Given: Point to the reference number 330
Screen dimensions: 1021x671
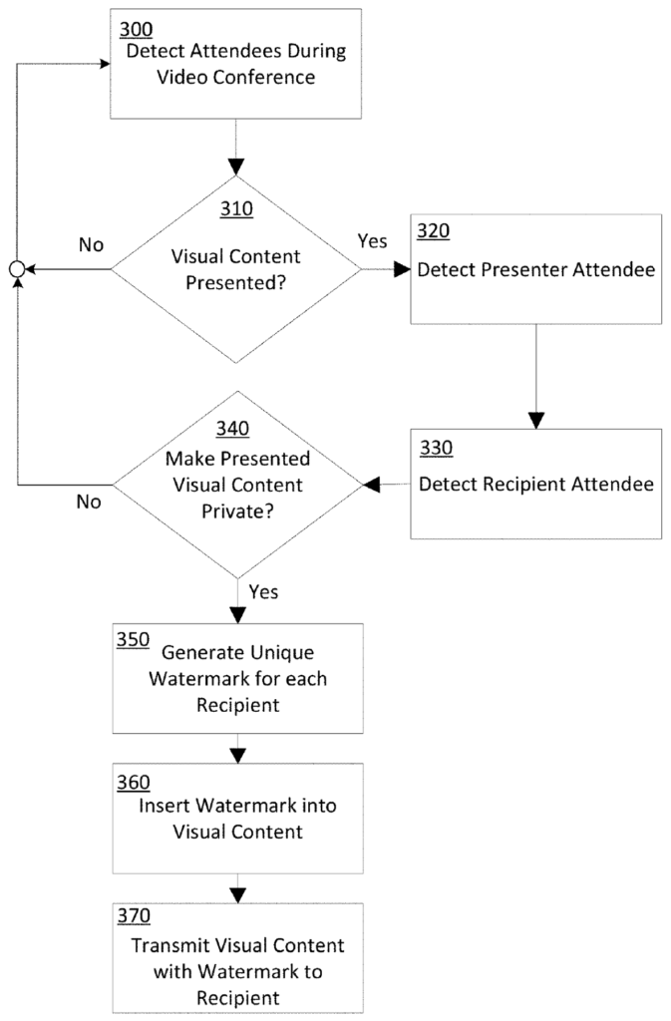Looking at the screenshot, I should [435, 448].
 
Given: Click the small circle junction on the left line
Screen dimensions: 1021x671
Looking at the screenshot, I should [17, 269].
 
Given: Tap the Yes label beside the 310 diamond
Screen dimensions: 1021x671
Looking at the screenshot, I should [371, 241].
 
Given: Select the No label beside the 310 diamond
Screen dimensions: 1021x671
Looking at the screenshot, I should [91, 245].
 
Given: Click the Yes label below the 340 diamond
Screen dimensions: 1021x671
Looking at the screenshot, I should [262, 592].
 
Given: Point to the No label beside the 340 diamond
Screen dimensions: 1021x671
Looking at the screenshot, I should [90, 503].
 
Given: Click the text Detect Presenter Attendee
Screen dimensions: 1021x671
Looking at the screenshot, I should [535, 269].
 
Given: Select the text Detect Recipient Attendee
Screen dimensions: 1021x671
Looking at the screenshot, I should [535, 486].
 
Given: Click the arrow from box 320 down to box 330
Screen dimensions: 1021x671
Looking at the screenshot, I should [535, 374].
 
